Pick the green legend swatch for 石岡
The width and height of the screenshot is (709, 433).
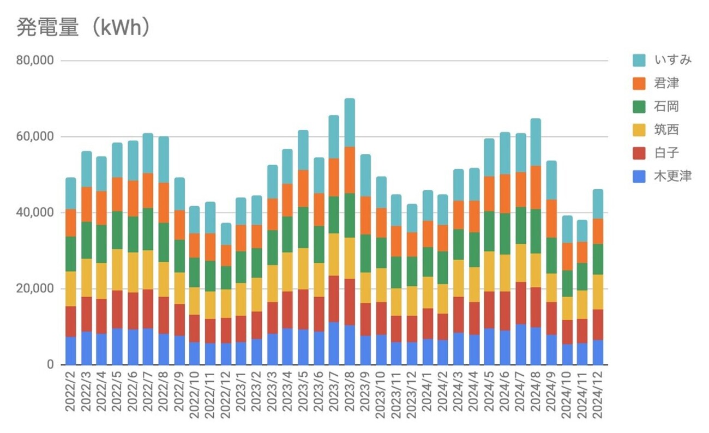coord(640,107)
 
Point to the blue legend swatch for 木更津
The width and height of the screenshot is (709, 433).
coord(640,176)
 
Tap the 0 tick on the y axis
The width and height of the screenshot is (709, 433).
coord(49,365)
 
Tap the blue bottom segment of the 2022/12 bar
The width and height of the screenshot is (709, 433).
coord(226,354)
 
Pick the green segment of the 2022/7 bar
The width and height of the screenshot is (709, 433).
coord(148,229)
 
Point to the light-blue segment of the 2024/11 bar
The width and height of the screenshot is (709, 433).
coord(582,231)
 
